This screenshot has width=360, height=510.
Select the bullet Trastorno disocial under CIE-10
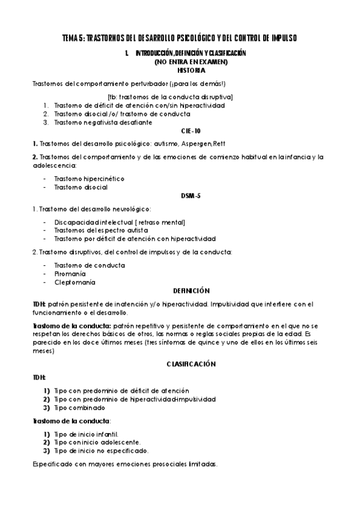coord(81,187)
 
